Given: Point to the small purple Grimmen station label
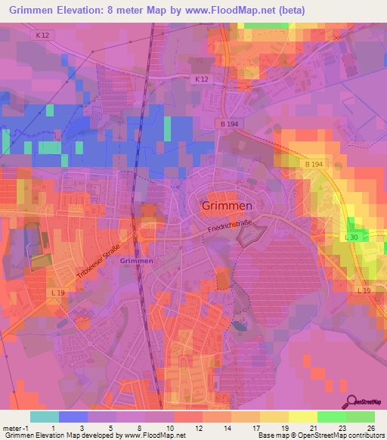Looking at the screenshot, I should click(136, 261).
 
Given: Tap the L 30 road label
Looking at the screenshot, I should click(351, 237).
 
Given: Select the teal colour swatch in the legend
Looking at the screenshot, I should click(44, 417).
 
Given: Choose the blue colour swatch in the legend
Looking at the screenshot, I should click(73, 417).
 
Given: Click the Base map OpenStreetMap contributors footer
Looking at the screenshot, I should click(320, 435).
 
